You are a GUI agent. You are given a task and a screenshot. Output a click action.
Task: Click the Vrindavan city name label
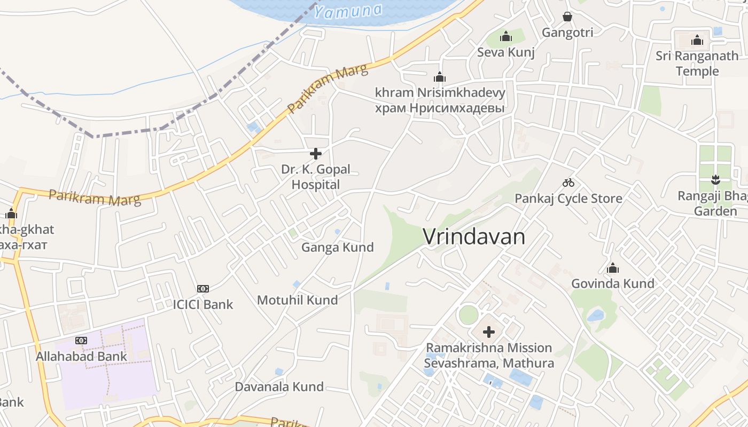point(474,236)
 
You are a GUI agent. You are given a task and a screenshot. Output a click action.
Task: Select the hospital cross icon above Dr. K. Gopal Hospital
point(316,154)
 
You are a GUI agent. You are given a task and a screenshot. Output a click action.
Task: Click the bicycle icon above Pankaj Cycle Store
point(568,183)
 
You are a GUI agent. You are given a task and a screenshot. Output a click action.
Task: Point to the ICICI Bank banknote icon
point(202,289)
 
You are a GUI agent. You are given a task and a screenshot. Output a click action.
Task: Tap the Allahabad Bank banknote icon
point(81,340)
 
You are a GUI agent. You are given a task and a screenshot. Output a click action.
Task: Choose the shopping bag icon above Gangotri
point(567,17)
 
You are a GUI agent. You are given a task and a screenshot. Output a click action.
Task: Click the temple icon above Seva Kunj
point(505,37)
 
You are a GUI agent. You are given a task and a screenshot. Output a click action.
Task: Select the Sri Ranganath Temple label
point(697,64)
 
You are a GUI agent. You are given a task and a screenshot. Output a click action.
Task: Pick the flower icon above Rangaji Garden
point(715,180)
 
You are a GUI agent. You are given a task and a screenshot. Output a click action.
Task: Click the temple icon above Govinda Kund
point(612,267)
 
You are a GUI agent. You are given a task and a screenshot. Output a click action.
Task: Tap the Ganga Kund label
point(337,248)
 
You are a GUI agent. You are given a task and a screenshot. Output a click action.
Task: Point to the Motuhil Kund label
point(297,300)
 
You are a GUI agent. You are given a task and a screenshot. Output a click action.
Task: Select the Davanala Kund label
point(279,386)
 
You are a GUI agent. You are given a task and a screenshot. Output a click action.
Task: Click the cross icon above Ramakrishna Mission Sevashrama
point(488,333)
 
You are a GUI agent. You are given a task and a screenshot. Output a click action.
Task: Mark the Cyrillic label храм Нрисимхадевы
point(440,108)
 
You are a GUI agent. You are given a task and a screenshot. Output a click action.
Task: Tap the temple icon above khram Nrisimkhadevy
point(440,77)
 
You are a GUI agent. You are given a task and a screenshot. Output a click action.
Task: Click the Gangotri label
point(567,33)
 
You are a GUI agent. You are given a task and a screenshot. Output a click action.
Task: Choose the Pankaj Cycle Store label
point(568,199)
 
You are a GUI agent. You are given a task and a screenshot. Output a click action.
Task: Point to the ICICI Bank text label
point(202,305)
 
